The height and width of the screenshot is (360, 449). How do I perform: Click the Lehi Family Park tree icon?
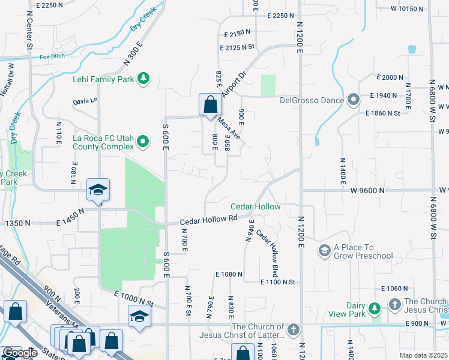pyautogui.click(x=143, y=79)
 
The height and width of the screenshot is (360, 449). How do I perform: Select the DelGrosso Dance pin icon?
pyautogui.click(x=354, y=100)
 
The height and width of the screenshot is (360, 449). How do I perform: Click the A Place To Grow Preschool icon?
pyautogui.click(x=325, y=250)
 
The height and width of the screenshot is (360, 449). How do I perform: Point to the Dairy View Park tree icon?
pyautogui.click(x=375, y=308)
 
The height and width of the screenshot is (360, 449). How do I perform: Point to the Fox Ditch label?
pyautogui.click(x=52, y=58)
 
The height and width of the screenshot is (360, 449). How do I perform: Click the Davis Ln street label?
pyautogui.click(x=85, y=101)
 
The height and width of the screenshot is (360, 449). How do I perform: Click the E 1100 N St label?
pyautogui.click(x=278, y=282)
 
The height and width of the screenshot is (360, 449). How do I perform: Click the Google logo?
pyautogui.click(x=20, y=353)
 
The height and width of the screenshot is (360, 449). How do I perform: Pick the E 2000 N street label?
pyautogui.click(x=390, y=77)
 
